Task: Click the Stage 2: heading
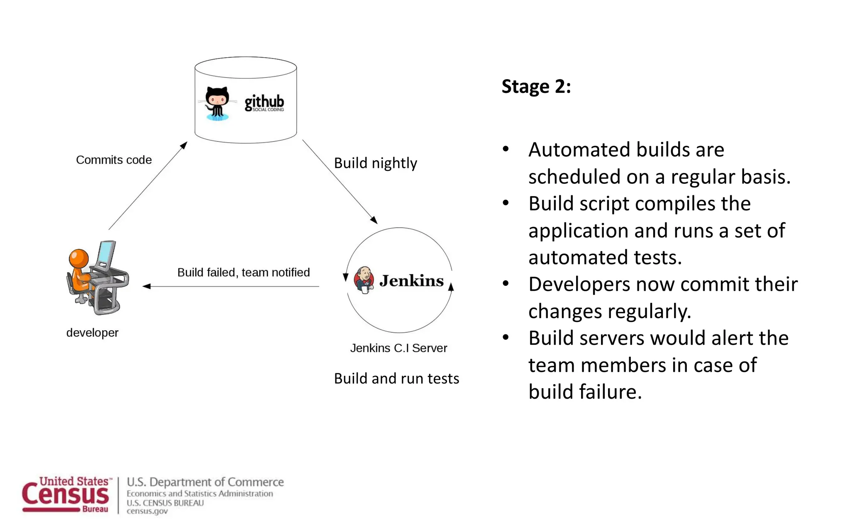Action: point(536,87)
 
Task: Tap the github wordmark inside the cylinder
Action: point(264,102)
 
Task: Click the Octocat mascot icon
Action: point(217,103)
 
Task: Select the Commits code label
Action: point(114,160)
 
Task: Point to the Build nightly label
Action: point(375,163)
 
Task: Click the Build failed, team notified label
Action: point(244,273)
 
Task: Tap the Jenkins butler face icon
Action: point(364,279)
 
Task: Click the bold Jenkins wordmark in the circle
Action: point(411,281)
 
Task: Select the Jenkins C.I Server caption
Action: point(398,348)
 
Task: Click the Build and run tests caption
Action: point(396,378)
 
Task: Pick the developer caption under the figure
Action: point(92,333)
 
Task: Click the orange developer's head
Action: point(79,258)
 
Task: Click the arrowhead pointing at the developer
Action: point(146,286)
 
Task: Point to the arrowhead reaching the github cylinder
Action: point(184,145)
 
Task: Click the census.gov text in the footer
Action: point(147,511)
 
